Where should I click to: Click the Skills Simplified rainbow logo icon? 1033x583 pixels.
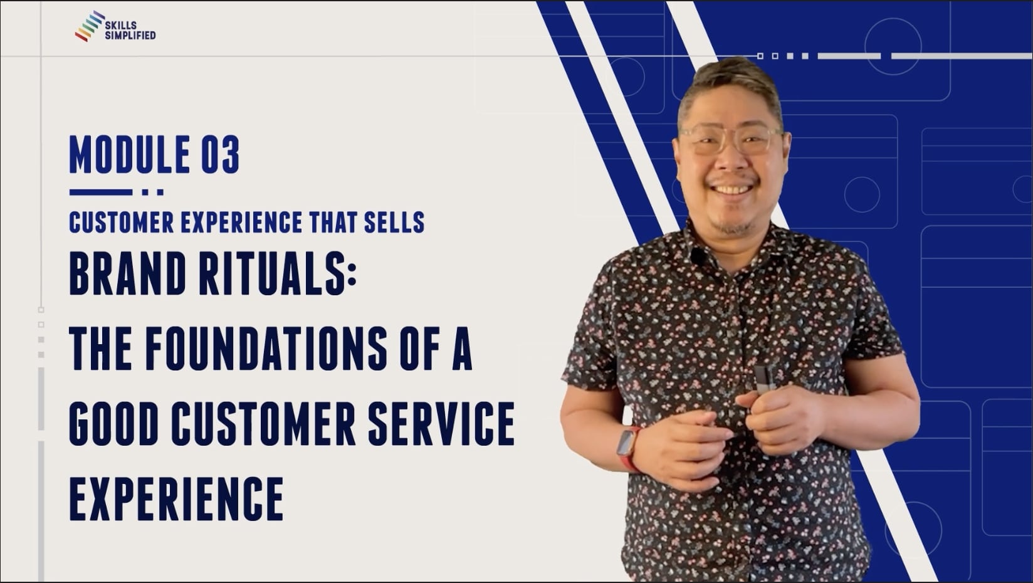click(x=90, y=26)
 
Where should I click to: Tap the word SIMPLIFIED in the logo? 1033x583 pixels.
click(x=130, y=36)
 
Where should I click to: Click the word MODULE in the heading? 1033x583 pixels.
click(x=130, y=154)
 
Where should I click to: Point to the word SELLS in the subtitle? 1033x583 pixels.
click(x=394, y=223)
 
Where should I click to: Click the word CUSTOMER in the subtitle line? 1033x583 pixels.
click(x=121, y=223)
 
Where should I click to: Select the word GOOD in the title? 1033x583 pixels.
click(x=114, y=423)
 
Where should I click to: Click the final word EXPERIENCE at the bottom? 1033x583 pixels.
click(x=176, y=499)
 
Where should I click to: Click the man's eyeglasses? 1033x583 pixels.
click(x=731, y=139)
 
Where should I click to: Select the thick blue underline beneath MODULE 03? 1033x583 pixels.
click(x=101, y=192)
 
